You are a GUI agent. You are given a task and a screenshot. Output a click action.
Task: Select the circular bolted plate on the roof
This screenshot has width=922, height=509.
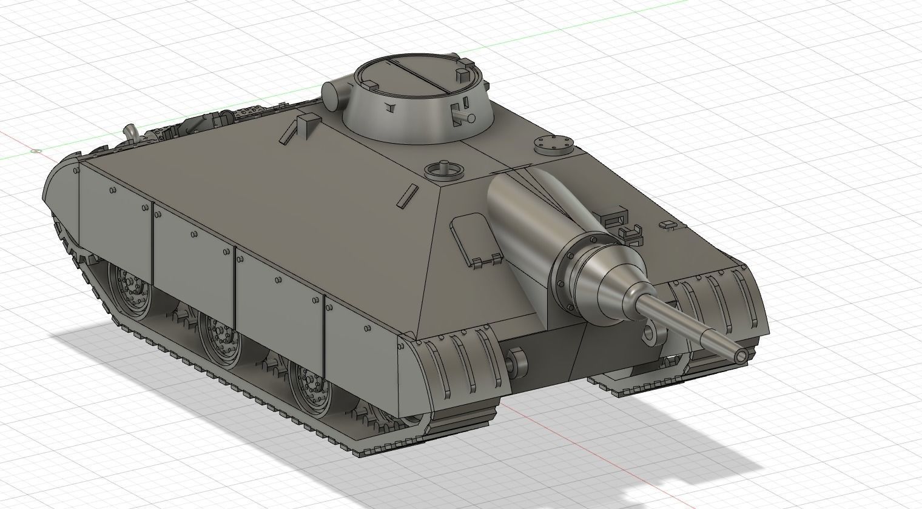553,144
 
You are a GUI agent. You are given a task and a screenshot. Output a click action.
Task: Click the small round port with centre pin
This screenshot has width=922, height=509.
443,170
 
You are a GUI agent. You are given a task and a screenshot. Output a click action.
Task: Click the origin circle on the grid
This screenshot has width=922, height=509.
36,151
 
